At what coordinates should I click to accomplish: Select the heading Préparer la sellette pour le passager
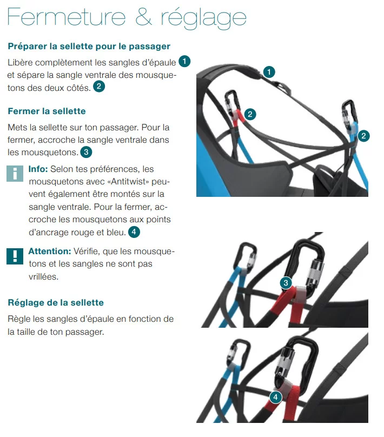[x=89, y=46]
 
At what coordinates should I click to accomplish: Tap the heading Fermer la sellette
[x=47, y=111]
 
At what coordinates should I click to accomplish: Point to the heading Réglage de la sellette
[x=56, y=302]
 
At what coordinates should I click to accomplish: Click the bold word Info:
[x=38, y=169]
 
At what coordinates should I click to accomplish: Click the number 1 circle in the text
[x=184, y=61]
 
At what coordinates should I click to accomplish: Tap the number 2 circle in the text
[x=99, y=86]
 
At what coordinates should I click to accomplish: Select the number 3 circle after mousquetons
[x=86, y=152]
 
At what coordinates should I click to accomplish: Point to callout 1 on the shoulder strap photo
[x=269, y=71]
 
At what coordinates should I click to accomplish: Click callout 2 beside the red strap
[x=249, y=114]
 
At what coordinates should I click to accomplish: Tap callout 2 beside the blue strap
[x=363, y=136]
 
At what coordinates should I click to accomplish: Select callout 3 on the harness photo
[x=287, y=282]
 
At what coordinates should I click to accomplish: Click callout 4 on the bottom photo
[x=275, y=398]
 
